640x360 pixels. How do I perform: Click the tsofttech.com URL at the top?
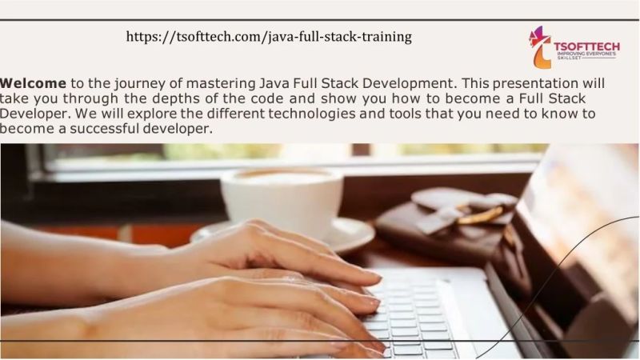pos(270,37)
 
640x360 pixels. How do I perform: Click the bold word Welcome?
pos(34,83)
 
